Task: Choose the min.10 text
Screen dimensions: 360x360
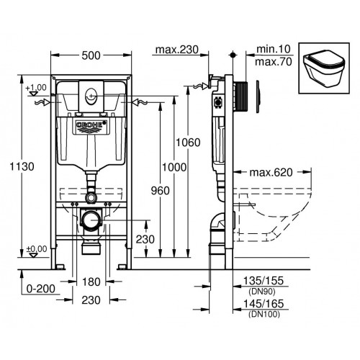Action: click(272, 50)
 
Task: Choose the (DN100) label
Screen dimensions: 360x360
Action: click(264, 315)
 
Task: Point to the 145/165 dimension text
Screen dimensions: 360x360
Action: click(264, 305)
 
